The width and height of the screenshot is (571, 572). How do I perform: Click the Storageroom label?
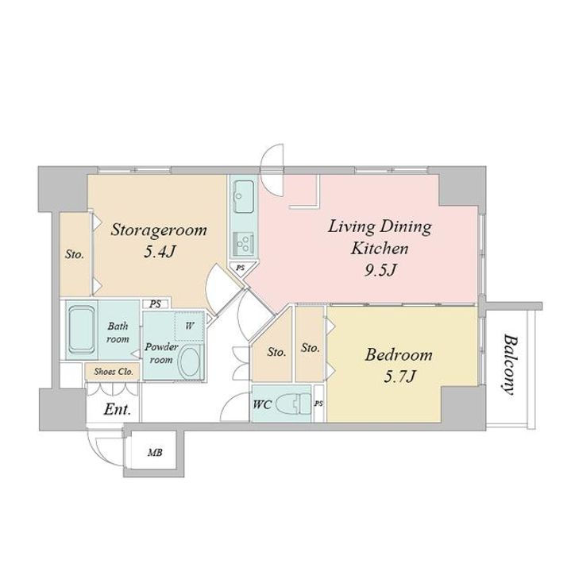tap(159, 230)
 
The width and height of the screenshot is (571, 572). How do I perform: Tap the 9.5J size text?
tap(380, 270)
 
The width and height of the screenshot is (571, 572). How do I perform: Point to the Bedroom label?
tap(399, 354)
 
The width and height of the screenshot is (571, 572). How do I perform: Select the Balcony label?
tap(510, 365)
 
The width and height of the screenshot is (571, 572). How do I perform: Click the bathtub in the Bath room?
tap(82, 330)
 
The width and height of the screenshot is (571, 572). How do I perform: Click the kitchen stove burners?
tap(244, 243)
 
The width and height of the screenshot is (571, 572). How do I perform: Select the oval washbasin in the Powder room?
tap(191, 361)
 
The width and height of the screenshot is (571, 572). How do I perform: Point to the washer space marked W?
tap(189, 327)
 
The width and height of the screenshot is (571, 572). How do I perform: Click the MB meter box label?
tap(155, 453)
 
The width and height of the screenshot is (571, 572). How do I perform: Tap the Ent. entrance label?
tap(117, 409)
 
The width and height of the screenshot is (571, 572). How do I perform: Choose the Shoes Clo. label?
tap(114, 372)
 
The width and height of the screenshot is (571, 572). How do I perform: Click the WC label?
tap(262, 404)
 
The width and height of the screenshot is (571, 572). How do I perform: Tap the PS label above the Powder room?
tap(156, 304)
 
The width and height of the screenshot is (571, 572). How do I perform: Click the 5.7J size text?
tap(399, 377)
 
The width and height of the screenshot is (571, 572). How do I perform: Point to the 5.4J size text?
tap(160, 252)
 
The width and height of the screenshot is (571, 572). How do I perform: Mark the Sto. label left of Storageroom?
tap(75, 254)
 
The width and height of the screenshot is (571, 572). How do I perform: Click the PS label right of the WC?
tap(319, 404)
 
